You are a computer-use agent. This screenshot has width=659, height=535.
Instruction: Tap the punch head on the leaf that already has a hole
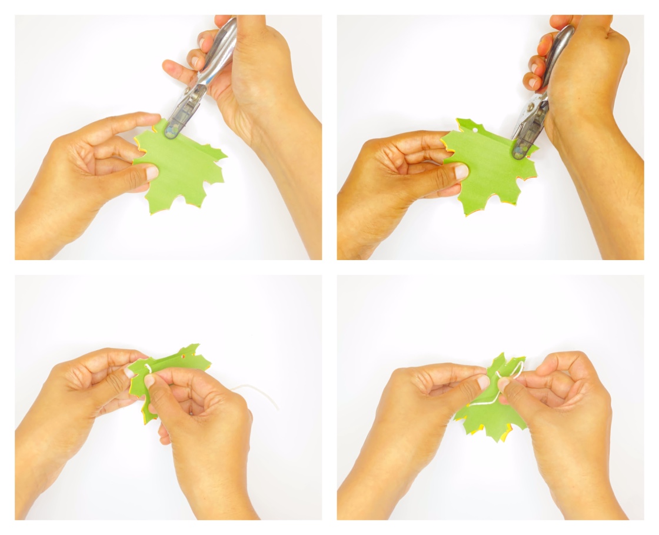[519, 149]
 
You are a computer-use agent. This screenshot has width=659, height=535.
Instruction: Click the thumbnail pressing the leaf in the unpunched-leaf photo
[152, 172]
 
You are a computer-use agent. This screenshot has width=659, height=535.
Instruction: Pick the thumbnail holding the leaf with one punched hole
[461, 171]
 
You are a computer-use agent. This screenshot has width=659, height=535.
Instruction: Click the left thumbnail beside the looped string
[483, 383]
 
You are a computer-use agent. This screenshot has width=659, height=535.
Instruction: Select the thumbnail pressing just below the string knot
[150, 380]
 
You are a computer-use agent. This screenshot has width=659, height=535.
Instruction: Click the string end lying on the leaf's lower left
[474, 405]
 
